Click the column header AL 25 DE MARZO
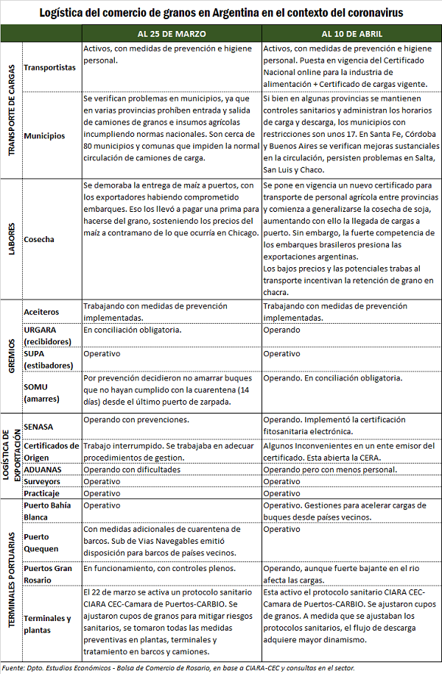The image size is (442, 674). [171, 34]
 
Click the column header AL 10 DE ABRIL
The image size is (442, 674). [351, 34]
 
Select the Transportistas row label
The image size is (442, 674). [49, 67]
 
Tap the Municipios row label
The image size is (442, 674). [44, 135]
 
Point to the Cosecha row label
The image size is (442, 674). [38, 239]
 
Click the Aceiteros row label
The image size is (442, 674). [41, 312]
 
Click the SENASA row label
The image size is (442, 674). [39, 427]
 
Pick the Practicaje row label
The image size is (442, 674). [42, 493]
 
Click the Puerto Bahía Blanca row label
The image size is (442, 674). [49, 511]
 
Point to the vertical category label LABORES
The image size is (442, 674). [12, 239]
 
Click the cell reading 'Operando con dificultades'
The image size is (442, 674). [132, 469]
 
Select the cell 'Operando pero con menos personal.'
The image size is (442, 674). [330, 469]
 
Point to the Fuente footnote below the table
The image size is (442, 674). [177, 667]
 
